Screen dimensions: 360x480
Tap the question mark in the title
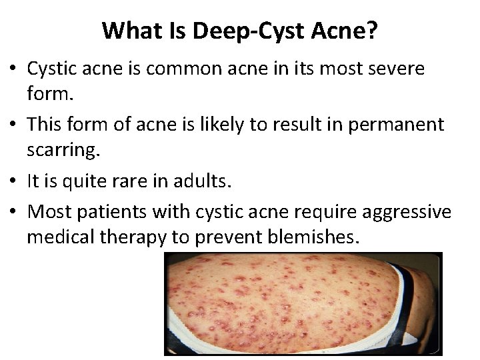(x=372, y=30)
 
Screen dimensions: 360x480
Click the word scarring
(x=63, y=151)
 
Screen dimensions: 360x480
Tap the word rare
(x=141, y=181)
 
